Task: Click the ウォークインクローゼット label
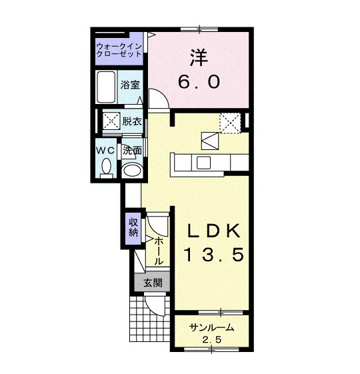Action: [x=119, y=50]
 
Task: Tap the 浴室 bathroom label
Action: [x=130, y=85]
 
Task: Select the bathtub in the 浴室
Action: [x=106, y=87]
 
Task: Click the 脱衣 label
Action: [x=132, y=121]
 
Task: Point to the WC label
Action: [x=105, y=151]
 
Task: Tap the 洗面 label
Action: [x=133, y=150]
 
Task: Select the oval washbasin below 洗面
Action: [x=132, y=170]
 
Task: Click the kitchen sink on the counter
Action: [x=203, y=163]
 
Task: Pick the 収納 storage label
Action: [x=133, y=227]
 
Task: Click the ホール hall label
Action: [x=159, y=251]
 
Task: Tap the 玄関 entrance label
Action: [x=153, y=283]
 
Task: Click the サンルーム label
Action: [x=211, y=328]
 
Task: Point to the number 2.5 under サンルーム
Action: [x=212, y=339]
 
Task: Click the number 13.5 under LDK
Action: [x=214, y=254]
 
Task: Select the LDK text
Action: [x=214, y=231]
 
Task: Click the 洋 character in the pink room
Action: [x=199, y=58]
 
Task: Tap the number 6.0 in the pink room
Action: [x=199, y=81]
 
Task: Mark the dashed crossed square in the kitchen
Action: [x=230, y=123]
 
